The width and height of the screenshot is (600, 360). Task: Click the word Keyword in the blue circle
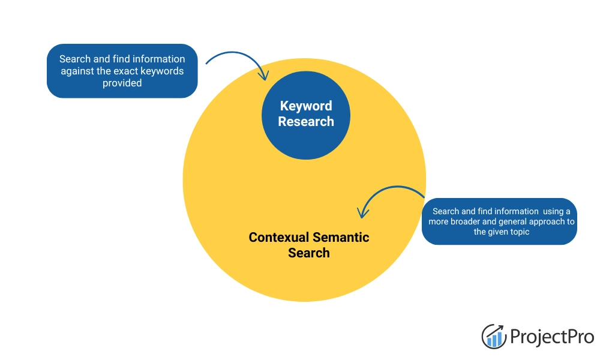[x=305, y=106]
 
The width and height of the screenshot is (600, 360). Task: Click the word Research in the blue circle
[x=305, y=122]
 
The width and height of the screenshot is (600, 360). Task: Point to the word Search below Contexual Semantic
[x=308, y=253]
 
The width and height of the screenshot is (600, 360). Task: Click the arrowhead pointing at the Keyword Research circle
[x=263, y=76]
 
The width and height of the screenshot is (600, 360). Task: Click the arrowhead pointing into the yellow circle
[x=361, y=213]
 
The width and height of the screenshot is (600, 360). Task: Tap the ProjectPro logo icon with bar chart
[x=494, y=336]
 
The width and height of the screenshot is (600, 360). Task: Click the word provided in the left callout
[x=122, y=83]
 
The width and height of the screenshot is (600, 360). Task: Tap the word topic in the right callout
[x=518, y=232]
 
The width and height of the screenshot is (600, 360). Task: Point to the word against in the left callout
[x=76, y=71]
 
